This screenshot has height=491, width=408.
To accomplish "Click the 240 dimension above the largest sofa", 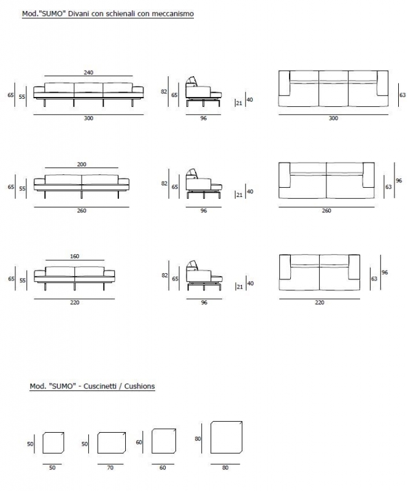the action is pos(88,72).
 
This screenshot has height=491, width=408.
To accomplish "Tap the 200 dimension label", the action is pos(82,164).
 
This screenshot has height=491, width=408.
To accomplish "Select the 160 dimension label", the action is pos(74,256).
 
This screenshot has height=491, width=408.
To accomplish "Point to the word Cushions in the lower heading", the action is pos(139,386).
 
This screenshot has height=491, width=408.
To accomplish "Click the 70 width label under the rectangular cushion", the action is pos(110,468).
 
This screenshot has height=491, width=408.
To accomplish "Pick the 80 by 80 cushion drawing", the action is pos(226,437).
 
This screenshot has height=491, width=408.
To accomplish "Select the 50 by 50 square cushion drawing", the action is pos(53,443).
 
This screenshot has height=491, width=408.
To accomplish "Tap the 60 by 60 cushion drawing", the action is pos(164,441).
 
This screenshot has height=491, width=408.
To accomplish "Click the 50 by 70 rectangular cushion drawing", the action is pos(112,443).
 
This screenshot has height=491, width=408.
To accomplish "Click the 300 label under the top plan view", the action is pos(334,118).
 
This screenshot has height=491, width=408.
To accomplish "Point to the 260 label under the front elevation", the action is pos(82,211).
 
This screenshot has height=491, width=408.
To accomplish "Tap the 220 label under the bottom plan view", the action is pos(320,302).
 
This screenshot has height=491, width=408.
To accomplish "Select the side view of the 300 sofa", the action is pos(203,91).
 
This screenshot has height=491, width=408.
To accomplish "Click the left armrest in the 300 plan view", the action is pos(284,83).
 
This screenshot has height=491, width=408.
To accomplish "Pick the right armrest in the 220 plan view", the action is pos(354,267).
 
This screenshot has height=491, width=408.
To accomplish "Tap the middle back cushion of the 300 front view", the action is pos(88,88).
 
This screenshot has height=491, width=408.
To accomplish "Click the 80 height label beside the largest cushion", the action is pos(198,439).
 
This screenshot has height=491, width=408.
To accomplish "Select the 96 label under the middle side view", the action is pos(204,211).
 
